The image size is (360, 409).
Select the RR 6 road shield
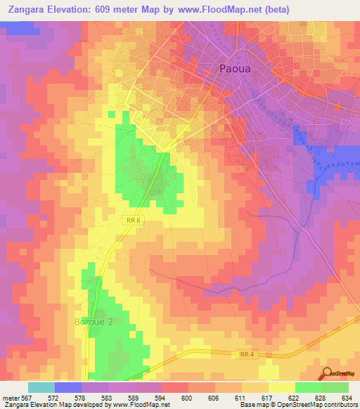coord(134,219)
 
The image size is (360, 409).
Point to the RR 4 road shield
coord(245,355)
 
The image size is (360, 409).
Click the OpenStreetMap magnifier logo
coord(328,374)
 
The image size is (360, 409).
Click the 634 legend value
coord(347,397)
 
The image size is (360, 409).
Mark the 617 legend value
coord(268,397)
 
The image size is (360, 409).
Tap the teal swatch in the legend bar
coord(41,387)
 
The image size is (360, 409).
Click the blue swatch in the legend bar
coord(67,387)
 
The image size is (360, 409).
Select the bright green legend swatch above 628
coord(308,387)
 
